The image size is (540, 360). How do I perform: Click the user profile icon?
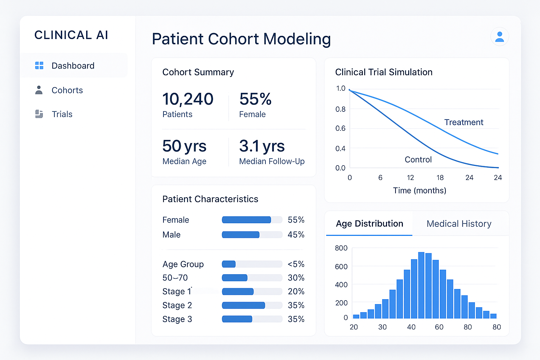tap(500, 37)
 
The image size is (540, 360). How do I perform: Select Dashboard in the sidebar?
tap(73, 66)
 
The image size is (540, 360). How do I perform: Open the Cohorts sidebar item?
tap(67, 90)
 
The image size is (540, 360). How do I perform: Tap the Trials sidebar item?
tap(62, 114)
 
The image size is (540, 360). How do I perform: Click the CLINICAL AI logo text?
tap(71, 35)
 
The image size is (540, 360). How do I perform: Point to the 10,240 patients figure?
tap(188, 99)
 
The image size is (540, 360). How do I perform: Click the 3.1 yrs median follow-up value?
tap(262, 146)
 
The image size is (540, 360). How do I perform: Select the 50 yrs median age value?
tap(184, 146)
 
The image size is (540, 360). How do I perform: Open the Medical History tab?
tap(459, 224)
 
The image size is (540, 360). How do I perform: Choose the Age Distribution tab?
tap(369, 224)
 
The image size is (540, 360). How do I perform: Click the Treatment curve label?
tap(463, 122)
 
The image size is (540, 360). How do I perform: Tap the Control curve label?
tap(418, 160)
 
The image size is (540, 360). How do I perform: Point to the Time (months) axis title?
tap(419, 191)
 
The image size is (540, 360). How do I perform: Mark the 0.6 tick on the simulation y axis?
tap(340, 128)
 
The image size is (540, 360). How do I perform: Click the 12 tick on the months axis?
tap(410, 178)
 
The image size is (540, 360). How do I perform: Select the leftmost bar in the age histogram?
tap(356, 316)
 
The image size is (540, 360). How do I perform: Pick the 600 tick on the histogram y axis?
tap(341, 266)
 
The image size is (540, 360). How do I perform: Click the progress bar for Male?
tap(252, 234)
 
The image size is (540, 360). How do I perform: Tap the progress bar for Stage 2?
tap(252, 305)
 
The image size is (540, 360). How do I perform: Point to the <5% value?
tap(296, 264)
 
